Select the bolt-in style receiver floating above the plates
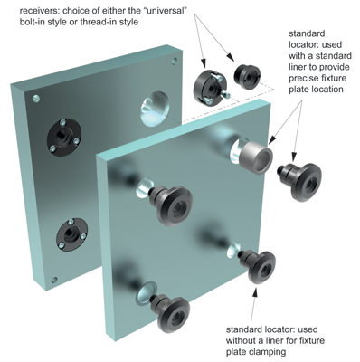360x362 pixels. tap(210, 87)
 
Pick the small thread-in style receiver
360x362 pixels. tap(248, 76)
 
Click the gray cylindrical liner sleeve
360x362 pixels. tap(256, 157)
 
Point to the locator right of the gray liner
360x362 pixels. tap(300, 182)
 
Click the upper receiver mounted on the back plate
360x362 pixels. tap(64, 138)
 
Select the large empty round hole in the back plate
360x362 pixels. tap(155, 108)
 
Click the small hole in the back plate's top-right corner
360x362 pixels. tap(175, 62)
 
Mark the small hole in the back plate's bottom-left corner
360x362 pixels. tap(54, 280)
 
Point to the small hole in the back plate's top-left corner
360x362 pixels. tap(36, 98)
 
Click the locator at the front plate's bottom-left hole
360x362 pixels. tap(170, 313)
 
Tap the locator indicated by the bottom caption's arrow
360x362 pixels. tap(258, 266)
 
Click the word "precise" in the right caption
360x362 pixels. tap(303, 79)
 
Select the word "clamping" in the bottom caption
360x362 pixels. tap(269, 352)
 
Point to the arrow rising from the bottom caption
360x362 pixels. tap(254, 304)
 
